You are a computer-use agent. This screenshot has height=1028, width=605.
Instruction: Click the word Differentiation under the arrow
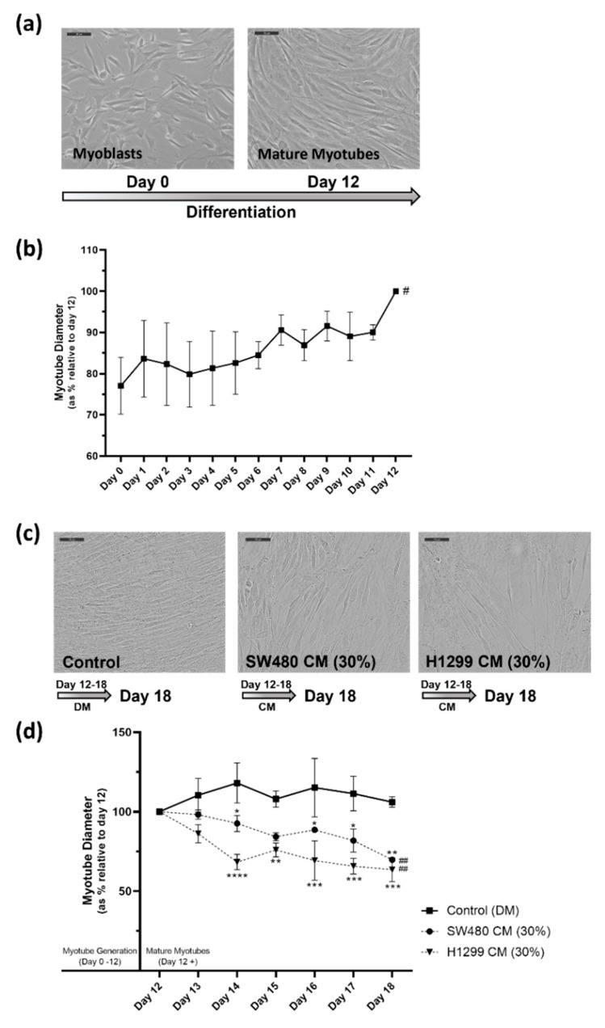tap(240, 213)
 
